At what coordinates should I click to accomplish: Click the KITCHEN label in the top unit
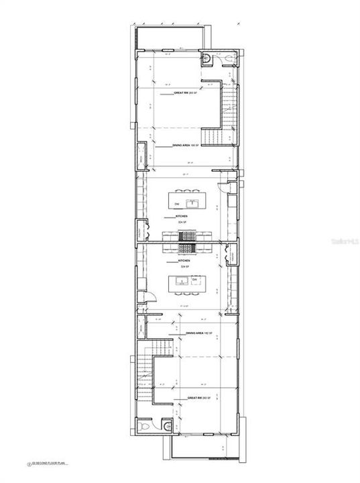(x=181, y=217)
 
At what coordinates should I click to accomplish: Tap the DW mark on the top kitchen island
(x=178, y=203)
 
